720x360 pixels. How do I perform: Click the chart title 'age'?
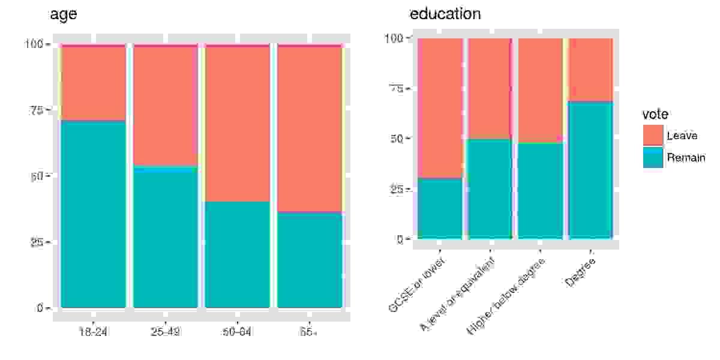[63, 15]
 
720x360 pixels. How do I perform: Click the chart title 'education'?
[445, 14]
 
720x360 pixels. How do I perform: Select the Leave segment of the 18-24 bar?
[93, 83]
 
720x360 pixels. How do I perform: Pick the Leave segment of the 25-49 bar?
[165, 105]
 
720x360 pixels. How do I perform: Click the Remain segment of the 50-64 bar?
[238, 254]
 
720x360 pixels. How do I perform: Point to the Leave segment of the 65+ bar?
[310, 128]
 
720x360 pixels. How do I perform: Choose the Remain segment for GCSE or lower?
[440, 208]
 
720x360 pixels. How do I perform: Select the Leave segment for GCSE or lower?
[440, 108]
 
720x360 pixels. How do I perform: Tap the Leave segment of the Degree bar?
[590, 70]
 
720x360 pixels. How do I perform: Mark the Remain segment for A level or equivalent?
[490, 189]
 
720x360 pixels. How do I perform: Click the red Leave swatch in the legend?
[653, 135]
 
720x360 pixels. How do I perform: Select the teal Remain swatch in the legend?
[653, 157]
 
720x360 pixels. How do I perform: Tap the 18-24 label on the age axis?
[93, 332]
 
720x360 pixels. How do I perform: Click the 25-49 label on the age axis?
[165, 332]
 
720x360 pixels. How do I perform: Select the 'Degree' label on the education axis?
[580, 272]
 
